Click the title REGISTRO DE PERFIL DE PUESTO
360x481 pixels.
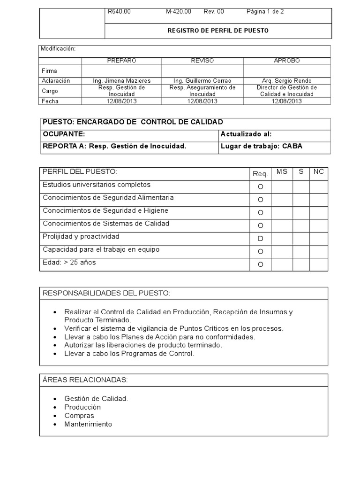click(x=218, y=31)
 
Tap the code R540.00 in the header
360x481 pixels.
click(x=119, y=12)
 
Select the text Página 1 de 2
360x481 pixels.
click(x=265, y=12)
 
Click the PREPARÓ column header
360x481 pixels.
click(x=122, y=61)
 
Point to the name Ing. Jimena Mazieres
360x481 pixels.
click(x=122, y=81)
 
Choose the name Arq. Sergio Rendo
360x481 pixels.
click(x=287, y=81)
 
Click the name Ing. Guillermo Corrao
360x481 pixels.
click(x=202, y=81)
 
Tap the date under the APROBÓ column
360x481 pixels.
click(x=287, y=101)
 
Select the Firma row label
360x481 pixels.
click(x=49, y=70)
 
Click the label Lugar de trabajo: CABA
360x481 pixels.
click(x=262, y=146)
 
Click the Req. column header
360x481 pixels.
click(x=260, y=174)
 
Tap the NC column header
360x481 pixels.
click(x=318, y=172)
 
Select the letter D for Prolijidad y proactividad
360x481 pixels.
click(x=260, y=239)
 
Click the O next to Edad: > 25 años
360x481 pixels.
click(x=260, y=264)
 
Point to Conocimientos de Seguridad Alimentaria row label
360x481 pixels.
click(x=108, y=198)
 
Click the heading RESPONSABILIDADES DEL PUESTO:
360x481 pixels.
click(x=106, y=293)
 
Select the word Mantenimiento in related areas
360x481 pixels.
click(x=88, y=424)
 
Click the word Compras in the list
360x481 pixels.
click(x=79, y=416)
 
